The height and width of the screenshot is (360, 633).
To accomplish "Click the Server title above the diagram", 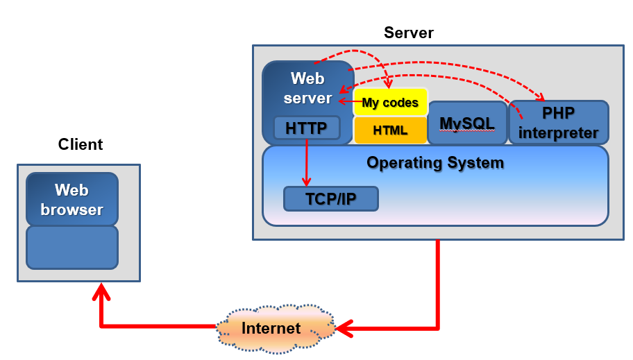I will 408,33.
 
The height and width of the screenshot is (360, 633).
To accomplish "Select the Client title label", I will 81,144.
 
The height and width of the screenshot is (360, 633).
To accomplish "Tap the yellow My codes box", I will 391,103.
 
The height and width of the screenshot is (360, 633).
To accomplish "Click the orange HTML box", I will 391,130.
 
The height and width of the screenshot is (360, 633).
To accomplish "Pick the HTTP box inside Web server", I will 306,128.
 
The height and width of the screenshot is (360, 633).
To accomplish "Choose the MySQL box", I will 467,123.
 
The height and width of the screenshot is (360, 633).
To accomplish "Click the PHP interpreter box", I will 559,123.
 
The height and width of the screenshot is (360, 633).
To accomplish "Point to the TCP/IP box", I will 331,199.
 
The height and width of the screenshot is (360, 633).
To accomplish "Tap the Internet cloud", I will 271,328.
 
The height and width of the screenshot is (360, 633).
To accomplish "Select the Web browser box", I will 72,199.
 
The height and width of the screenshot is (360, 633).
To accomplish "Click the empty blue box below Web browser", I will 72,248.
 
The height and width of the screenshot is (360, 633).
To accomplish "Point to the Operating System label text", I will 435,163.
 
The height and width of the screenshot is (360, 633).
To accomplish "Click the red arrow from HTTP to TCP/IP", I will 306,163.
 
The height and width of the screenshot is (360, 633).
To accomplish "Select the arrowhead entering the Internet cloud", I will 344,327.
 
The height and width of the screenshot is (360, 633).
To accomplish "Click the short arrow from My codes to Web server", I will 349,101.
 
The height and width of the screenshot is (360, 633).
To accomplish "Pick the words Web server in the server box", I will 307,88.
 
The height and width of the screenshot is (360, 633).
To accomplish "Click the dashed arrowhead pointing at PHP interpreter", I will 543,96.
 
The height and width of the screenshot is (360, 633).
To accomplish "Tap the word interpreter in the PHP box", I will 559,132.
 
